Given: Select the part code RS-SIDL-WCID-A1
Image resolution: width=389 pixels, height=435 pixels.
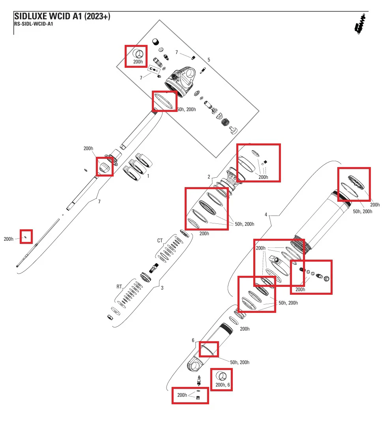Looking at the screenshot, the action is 34,24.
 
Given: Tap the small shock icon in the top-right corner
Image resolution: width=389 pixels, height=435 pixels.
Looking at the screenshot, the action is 360,24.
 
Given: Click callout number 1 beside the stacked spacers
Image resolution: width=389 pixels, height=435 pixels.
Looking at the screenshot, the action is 148,176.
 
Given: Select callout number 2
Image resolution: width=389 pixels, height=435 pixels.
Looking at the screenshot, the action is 209,177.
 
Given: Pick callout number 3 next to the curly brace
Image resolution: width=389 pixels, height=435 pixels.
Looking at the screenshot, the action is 162,288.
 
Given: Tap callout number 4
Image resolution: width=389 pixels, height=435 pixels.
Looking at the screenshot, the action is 266,214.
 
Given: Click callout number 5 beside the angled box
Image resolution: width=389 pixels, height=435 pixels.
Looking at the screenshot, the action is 209,59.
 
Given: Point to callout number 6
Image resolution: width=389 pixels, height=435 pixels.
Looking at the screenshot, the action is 193,340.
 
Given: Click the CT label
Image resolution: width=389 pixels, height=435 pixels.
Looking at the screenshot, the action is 160,240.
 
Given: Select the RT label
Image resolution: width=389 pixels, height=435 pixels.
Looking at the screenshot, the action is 119,286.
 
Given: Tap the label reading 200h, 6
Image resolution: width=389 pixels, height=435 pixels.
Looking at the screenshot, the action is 223,385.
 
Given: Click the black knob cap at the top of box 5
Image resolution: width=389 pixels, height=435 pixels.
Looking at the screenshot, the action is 156,42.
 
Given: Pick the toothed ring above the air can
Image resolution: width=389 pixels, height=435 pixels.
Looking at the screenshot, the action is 356,182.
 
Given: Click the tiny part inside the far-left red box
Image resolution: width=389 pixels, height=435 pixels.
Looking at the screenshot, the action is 26,237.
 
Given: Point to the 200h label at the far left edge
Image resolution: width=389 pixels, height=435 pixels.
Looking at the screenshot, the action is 9,239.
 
